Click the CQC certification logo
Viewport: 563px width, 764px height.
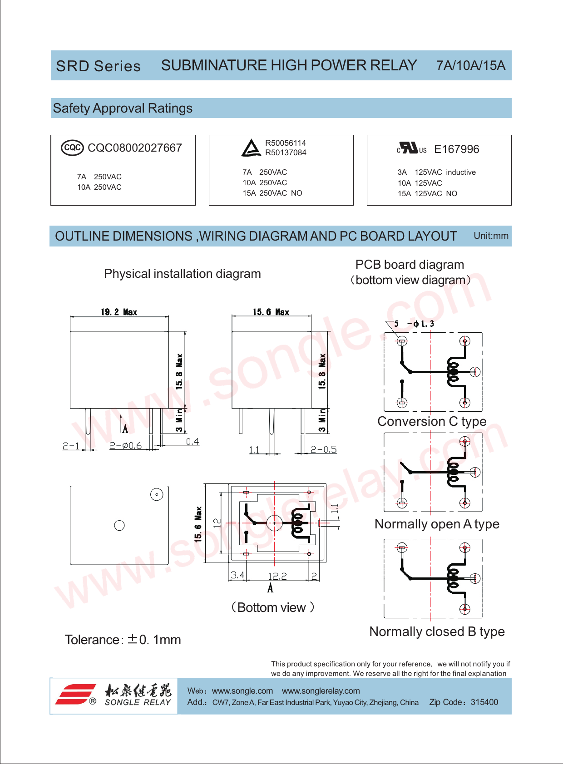pos(72,148)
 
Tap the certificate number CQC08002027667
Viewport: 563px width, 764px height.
pos(134,148)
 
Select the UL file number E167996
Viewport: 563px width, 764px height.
pos(456,149)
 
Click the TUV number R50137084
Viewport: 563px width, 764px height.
pos(286,153)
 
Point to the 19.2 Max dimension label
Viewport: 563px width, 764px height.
pos(119,312)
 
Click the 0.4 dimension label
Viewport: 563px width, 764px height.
pos(193,442)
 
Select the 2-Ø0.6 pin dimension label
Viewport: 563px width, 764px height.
pos(125,446)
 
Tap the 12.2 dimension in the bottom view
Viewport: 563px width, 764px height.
pos(277,576)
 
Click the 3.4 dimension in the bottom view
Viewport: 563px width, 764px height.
pos(237,575)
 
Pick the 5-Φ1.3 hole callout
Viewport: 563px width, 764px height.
pos(414,324)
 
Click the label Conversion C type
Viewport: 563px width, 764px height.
pos(432,421)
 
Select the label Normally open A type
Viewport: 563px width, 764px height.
pos(437,524)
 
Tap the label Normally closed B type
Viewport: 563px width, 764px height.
pos(437,631)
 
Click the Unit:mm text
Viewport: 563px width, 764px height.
pos(491,236)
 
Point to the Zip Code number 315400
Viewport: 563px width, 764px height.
pos(484,702)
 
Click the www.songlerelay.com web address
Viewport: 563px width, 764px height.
pos(321,691)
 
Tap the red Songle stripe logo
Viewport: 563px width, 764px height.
pos(76,694)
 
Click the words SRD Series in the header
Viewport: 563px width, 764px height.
pos(98,66)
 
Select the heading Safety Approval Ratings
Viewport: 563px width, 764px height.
pos(123,108)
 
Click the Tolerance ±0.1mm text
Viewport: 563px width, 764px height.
pos(123,640)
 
